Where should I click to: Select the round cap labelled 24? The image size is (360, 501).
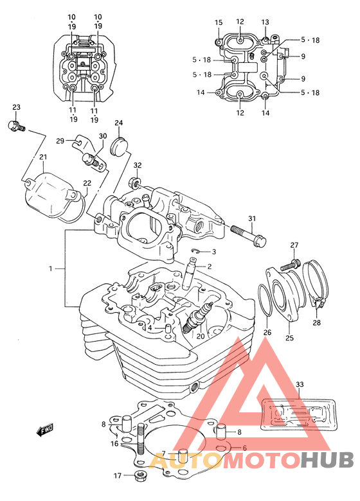point(119,146)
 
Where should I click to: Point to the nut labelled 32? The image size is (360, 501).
point(135,183)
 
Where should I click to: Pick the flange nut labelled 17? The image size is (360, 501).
point(139,475)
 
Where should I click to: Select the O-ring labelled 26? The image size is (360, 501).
point(265,300)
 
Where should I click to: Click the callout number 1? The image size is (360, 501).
point(50,268)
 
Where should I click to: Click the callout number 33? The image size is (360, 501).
point(300,384)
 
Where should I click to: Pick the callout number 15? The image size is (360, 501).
point(219,22)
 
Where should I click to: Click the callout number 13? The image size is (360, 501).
point(265,22)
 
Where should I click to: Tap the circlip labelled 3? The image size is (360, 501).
point(195,251)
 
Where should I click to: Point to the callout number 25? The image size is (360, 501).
point(289,337)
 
